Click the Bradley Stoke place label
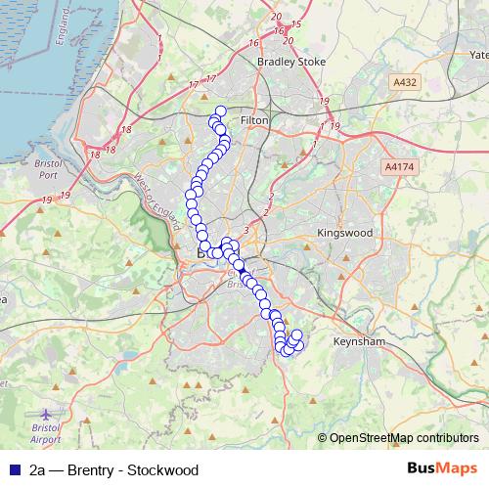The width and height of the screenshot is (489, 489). click(283, 62)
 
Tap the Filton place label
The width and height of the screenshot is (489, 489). click(254, 119)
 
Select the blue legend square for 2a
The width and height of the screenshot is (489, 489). click(15, 470)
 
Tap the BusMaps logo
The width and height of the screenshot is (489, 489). click(443, 469)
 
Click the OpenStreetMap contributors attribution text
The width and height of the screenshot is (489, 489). click(404, 438)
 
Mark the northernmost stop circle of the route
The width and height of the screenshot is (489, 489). click(221, 111)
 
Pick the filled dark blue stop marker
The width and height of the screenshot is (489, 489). click(239, 264)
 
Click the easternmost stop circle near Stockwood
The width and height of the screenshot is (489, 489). click(299, 344)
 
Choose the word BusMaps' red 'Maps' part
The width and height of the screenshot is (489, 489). click(460, 469)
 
